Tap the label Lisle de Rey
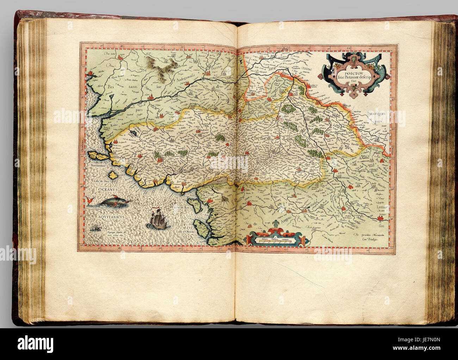point(182,209)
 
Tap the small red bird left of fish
point(86,201)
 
